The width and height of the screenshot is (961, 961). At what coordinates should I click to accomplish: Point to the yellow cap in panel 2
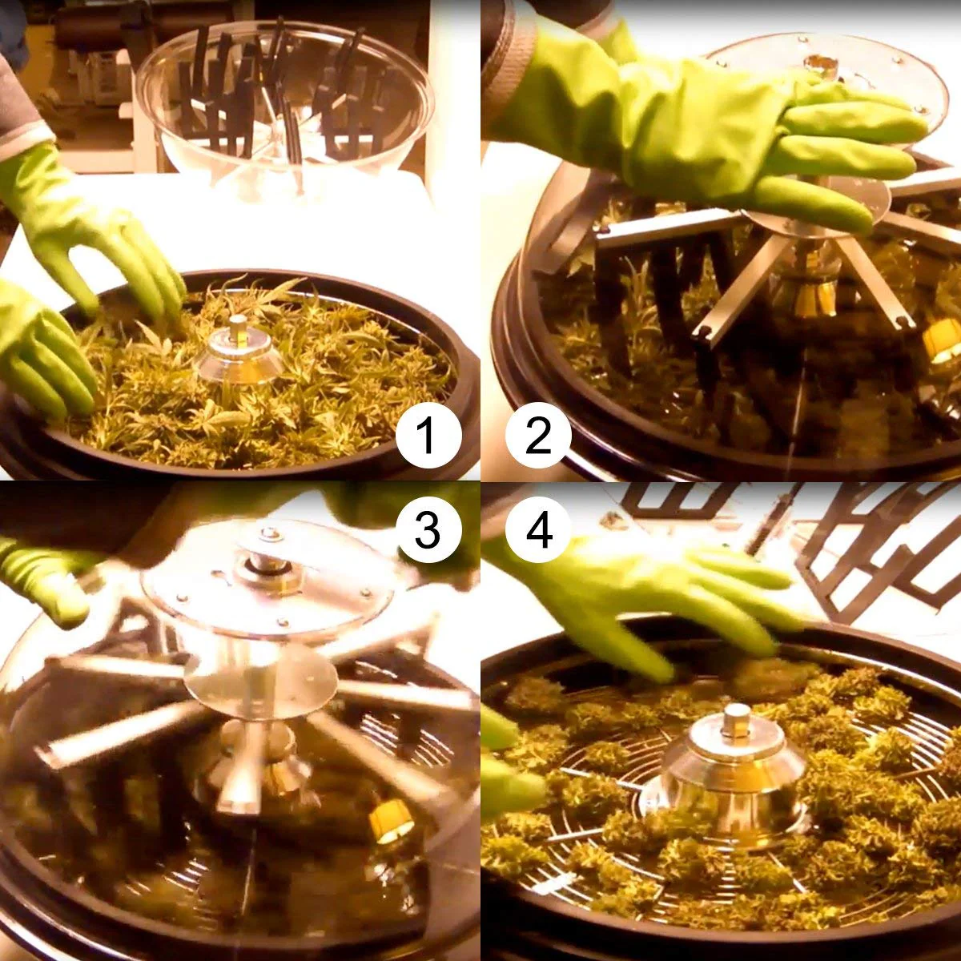940,344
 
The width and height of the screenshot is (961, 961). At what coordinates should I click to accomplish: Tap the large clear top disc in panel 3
267,578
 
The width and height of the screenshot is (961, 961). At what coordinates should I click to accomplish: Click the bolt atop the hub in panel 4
737,718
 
